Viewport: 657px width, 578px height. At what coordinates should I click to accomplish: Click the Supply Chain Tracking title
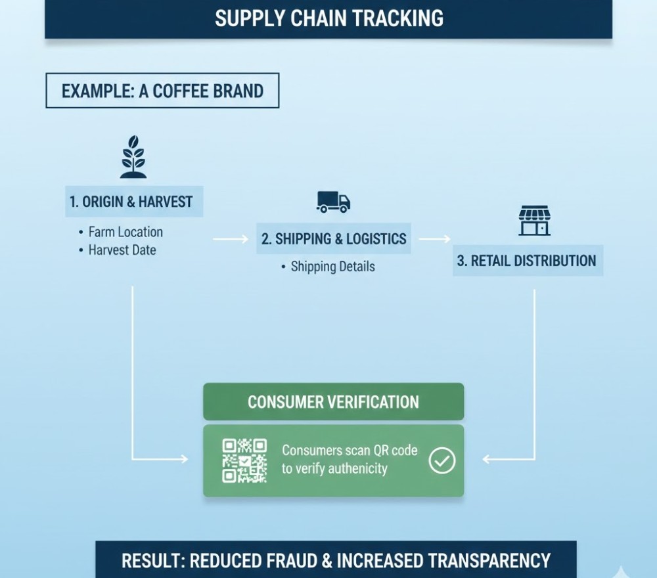point(328,18)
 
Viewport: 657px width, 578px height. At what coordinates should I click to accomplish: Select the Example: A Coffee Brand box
point(162,91)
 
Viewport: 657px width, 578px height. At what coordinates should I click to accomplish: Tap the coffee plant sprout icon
point(133,157)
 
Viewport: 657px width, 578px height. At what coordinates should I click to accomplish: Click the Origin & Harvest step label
point(133,202)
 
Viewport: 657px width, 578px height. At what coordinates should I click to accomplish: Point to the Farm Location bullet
point(125,232)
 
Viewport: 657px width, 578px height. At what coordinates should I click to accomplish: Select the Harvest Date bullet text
point(122,250)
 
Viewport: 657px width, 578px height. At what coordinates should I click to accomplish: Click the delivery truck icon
point(333,202)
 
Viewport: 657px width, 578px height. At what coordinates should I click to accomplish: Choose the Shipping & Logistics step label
point(334,238)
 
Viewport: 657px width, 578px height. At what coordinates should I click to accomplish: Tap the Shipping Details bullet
point(332,267)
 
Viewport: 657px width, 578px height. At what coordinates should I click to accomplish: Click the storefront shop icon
point(534,221)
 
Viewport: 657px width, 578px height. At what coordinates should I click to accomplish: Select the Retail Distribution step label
point(527,261)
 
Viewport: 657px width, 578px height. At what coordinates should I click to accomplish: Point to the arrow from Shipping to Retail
point(434,240)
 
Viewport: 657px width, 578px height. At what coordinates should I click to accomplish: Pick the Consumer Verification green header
point(333,402)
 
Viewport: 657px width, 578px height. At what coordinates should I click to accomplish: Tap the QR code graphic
point(244,460)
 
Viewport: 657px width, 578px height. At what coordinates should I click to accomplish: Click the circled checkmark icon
point(442,460)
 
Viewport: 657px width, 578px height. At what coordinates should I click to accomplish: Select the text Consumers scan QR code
point(350,451)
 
